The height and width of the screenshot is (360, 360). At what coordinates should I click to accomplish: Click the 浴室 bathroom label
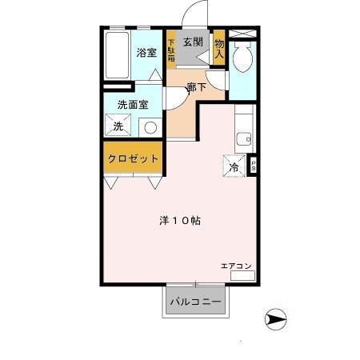coord(146,53)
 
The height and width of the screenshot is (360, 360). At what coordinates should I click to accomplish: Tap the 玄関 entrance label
coord(192,42)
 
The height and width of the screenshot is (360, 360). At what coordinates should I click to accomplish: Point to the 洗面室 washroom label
coord(132,104)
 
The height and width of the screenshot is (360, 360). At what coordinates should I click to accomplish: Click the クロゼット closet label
coord(133,158)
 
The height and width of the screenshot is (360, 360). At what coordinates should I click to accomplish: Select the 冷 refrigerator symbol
coord(234,167)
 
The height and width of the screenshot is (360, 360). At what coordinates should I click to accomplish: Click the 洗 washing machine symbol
coord(118,126)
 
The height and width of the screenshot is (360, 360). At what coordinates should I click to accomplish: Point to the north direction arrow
coord(275,320)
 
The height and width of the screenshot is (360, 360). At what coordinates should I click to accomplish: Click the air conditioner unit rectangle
coord(242,275)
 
